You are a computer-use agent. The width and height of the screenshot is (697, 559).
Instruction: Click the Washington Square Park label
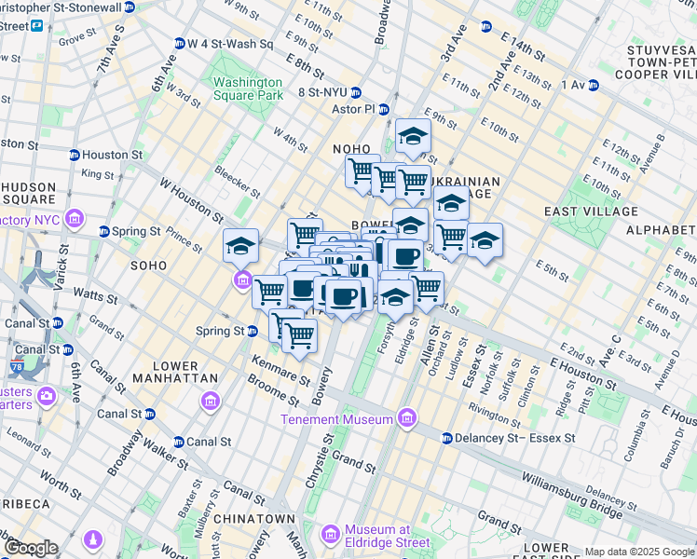pyautogui.click(x=248, y=89)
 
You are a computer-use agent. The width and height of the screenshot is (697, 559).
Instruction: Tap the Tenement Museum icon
pyautogui.click(x=405, y=419)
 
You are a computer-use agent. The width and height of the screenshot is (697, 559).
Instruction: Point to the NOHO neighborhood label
pyautogui.click(x=352, y=149)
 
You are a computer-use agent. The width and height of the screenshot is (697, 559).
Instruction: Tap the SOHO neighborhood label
pyautogui.click(x=148, y=266)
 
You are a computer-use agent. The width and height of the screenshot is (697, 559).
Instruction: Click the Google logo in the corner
pyautogui.click(x=31, y=548)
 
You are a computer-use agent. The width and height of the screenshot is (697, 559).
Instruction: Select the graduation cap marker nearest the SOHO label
pyautogui.click(x=240, y=246)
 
